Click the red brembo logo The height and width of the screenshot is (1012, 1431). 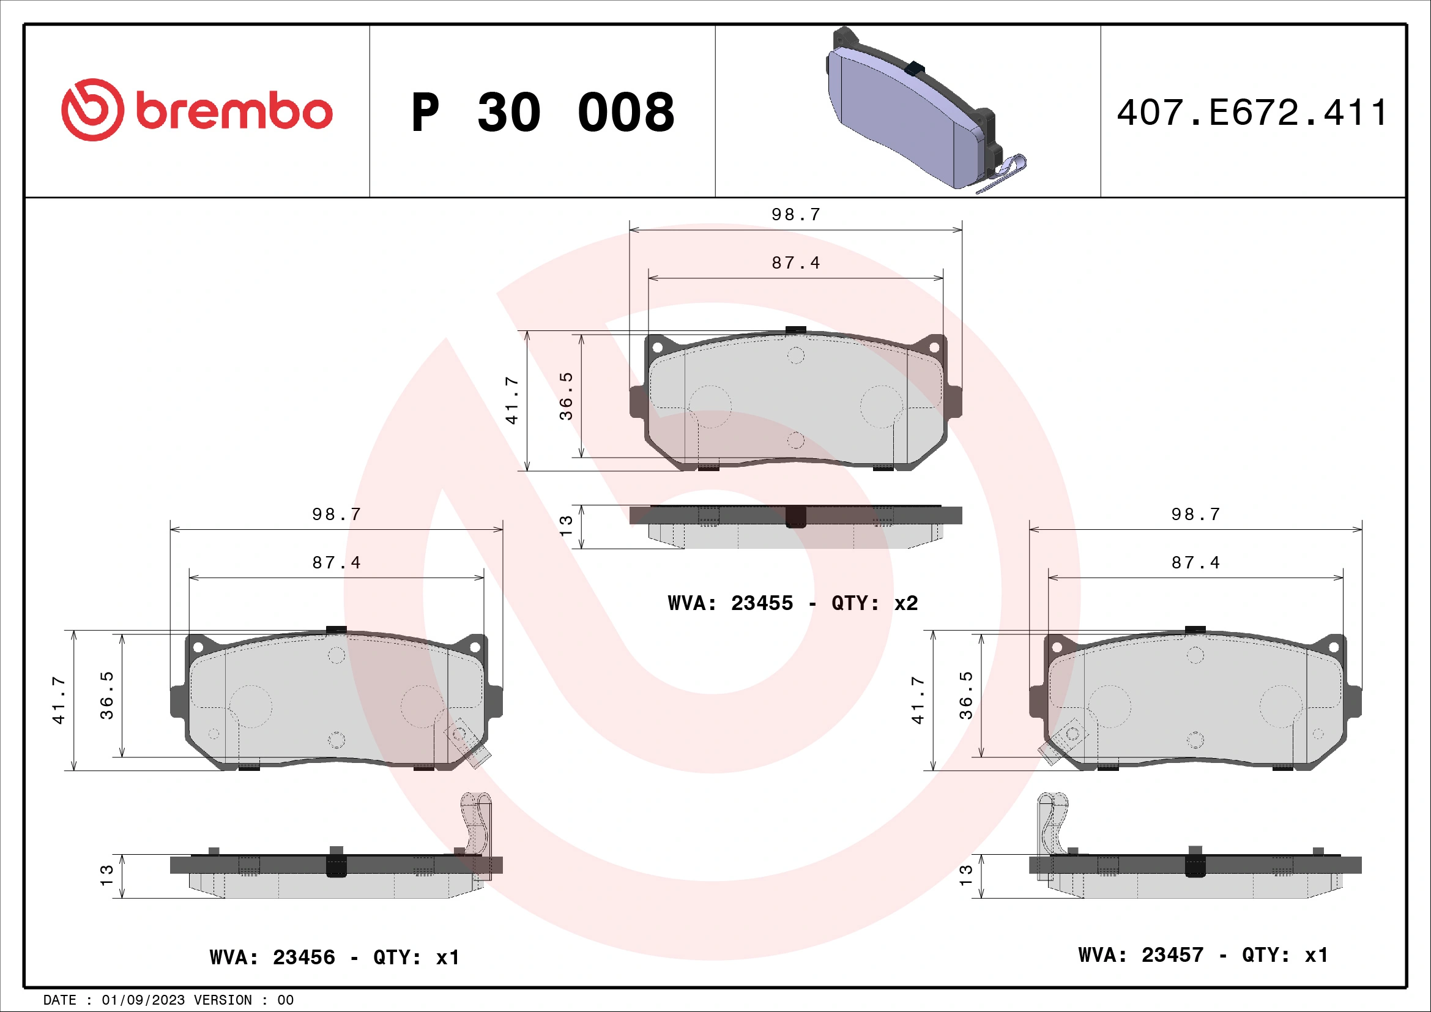pos(196,110)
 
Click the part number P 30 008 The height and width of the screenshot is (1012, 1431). pos(542,113)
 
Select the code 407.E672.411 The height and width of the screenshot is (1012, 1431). pos(1252,113)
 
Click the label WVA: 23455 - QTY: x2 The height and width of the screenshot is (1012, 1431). pos(792,603)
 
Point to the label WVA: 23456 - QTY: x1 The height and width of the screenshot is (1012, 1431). pos(335,957)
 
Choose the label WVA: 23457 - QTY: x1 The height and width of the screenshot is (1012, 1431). pos(1203,954)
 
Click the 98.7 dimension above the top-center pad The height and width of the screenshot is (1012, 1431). pos(796,214)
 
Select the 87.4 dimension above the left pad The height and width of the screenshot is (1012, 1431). pos(336,563)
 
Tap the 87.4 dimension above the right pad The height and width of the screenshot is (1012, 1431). pos(1195,563)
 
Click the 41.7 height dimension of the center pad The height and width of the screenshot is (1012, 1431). pos(511,401)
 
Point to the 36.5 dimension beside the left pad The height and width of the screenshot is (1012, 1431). pos(106,695)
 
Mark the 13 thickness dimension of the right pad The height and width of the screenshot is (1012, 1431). pos(966,876)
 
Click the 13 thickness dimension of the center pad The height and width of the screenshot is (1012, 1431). pos(566,526)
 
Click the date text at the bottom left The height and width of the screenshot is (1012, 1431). pos(168,1000)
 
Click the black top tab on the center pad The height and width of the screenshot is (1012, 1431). pos(796,330)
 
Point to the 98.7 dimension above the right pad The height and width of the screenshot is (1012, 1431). pos(1195,514)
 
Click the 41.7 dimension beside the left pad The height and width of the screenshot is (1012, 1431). pos(59,700)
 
